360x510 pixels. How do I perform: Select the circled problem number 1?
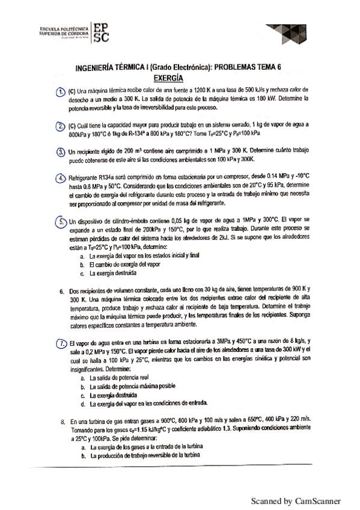60,92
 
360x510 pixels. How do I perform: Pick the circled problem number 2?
60,126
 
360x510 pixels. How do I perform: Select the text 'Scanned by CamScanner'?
296,500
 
